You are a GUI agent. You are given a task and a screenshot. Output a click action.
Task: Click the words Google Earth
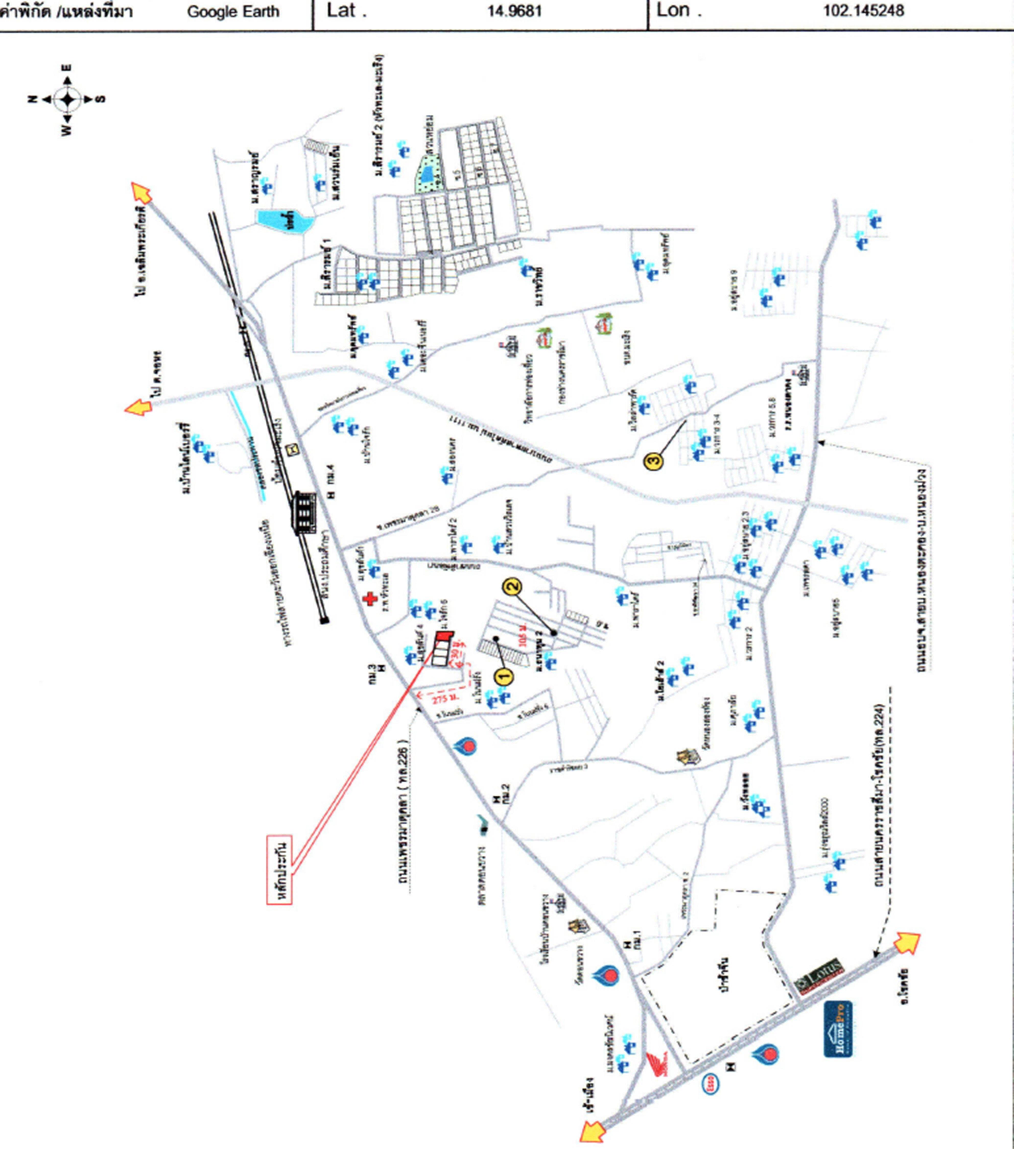tap(233, 12)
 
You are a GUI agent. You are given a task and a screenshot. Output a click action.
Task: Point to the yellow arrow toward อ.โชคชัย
tap(906, 942)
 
